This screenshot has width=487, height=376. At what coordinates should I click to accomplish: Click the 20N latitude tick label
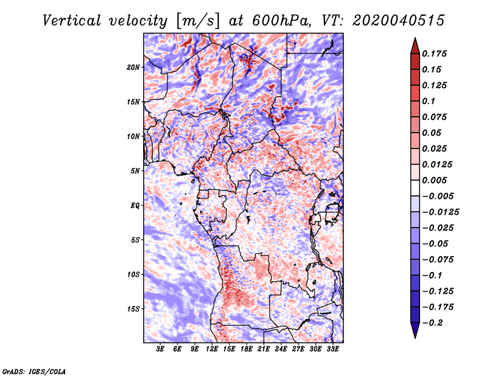(x=133, y=67)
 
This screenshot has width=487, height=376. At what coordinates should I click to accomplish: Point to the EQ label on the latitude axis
(x=135, y=205)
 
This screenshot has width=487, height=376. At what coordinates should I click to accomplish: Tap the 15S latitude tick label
(x=133, y=309)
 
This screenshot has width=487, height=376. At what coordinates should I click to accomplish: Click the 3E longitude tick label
(x=161, y=349)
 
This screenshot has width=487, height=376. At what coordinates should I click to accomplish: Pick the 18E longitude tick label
(x=247, y=349)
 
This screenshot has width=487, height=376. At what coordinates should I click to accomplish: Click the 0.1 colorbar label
(x=432, y=101)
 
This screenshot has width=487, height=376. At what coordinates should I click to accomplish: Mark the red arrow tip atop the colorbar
(x=414, y=41)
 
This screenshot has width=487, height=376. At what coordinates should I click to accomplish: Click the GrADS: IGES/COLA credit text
(x=34, y=371)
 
